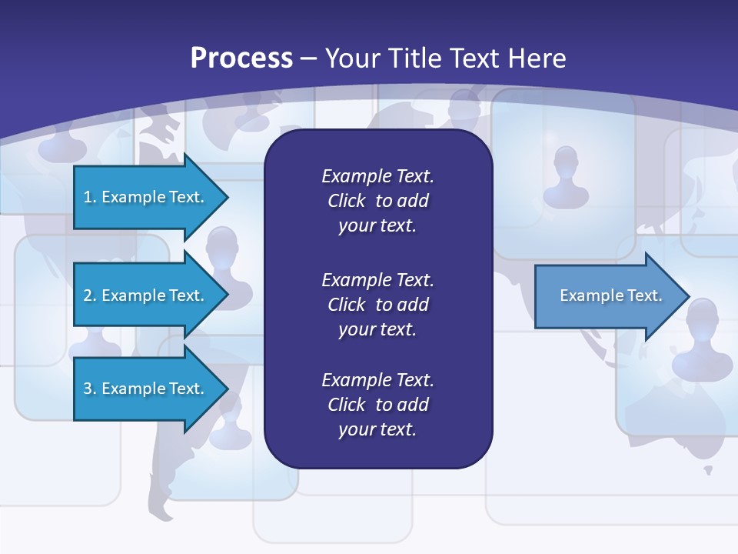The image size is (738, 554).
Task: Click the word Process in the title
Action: (241, 58)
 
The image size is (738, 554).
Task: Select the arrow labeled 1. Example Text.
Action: (145, 197)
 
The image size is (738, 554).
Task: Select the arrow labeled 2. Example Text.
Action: (145, 295)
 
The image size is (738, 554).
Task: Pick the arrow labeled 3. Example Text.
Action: (145, 389)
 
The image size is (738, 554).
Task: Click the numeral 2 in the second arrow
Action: (87, 295)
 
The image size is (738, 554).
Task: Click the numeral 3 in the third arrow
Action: (87, 389)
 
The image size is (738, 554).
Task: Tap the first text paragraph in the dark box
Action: (377, 201)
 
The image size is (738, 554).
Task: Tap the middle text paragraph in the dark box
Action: (377, 304)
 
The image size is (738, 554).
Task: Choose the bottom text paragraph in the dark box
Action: (377, 404)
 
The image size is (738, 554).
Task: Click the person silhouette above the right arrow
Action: (566, 175)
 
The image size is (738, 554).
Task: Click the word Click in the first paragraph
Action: (347, 201)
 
